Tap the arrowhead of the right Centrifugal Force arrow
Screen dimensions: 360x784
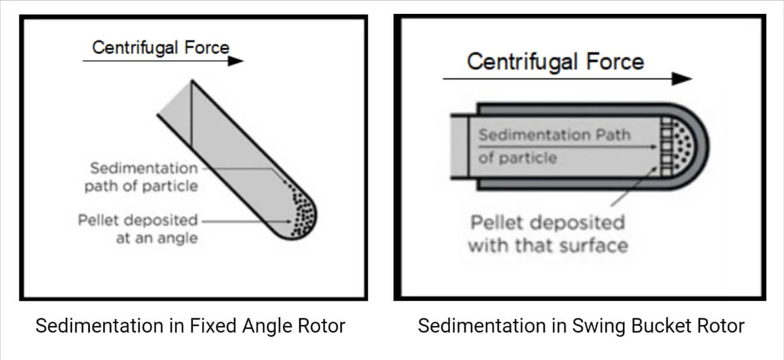click(683, 78)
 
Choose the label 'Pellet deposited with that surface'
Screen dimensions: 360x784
click(547, 234)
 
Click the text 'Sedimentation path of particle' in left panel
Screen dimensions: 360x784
click(141, 177)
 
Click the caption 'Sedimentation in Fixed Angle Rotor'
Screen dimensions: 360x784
click(190, 326)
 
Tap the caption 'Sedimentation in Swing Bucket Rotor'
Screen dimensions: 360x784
click(581, 326)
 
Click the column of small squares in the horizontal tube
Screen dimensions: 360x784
click(666, 147)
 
